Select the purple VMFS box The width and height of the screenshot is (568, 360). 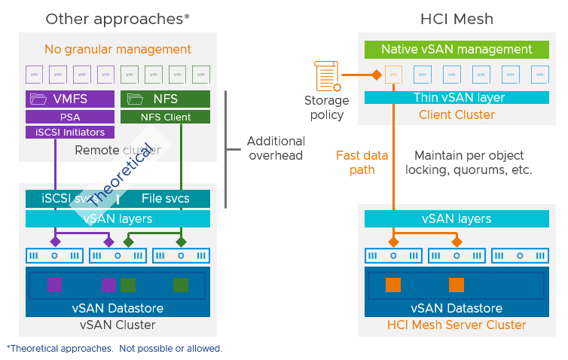coord(71,99)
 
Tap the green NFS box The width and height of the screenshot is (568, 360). coord(165,99)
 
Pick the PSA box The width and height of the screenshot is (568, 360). coord(71,117)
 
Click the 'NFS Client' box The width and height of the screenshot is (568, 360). coord(165,117)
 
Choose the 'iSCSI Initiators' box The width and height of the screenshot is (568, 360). coord(71,133)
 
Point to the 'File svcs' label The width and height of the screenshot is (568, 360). coord(165,199)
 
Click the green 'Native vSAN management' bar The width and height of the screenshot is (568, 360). coord(457,50)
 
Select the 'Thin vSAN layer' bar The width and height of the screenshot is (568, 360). coord(457,98)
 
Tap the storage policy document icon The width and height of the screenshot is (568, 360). coord(325,76)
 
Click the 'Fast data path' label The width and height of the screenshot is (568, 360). coord(362,163)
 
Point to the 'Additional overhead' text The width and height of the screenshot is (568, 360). coord(276,148)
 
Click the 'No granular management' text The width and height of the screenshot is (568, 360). coord(118,50)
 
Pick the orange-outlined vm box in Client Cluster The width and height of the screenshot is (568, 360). coord(393,75)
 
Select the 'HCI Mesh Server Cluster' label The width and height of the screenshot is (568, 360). coord(457,325)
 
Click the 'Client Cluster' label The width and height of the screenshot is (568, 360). coord(457,115)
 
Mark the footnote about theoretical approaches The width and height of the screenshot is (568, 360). coord(115,349)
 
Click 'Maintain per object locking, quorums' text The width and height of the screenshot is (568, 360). coord(474,163)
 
